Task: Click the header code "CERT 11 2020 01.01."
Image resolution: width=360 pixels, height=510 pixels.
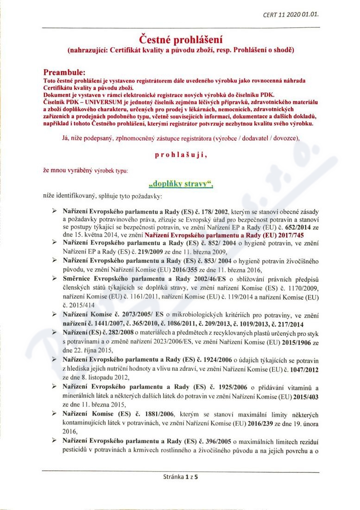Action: point(291,14)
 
